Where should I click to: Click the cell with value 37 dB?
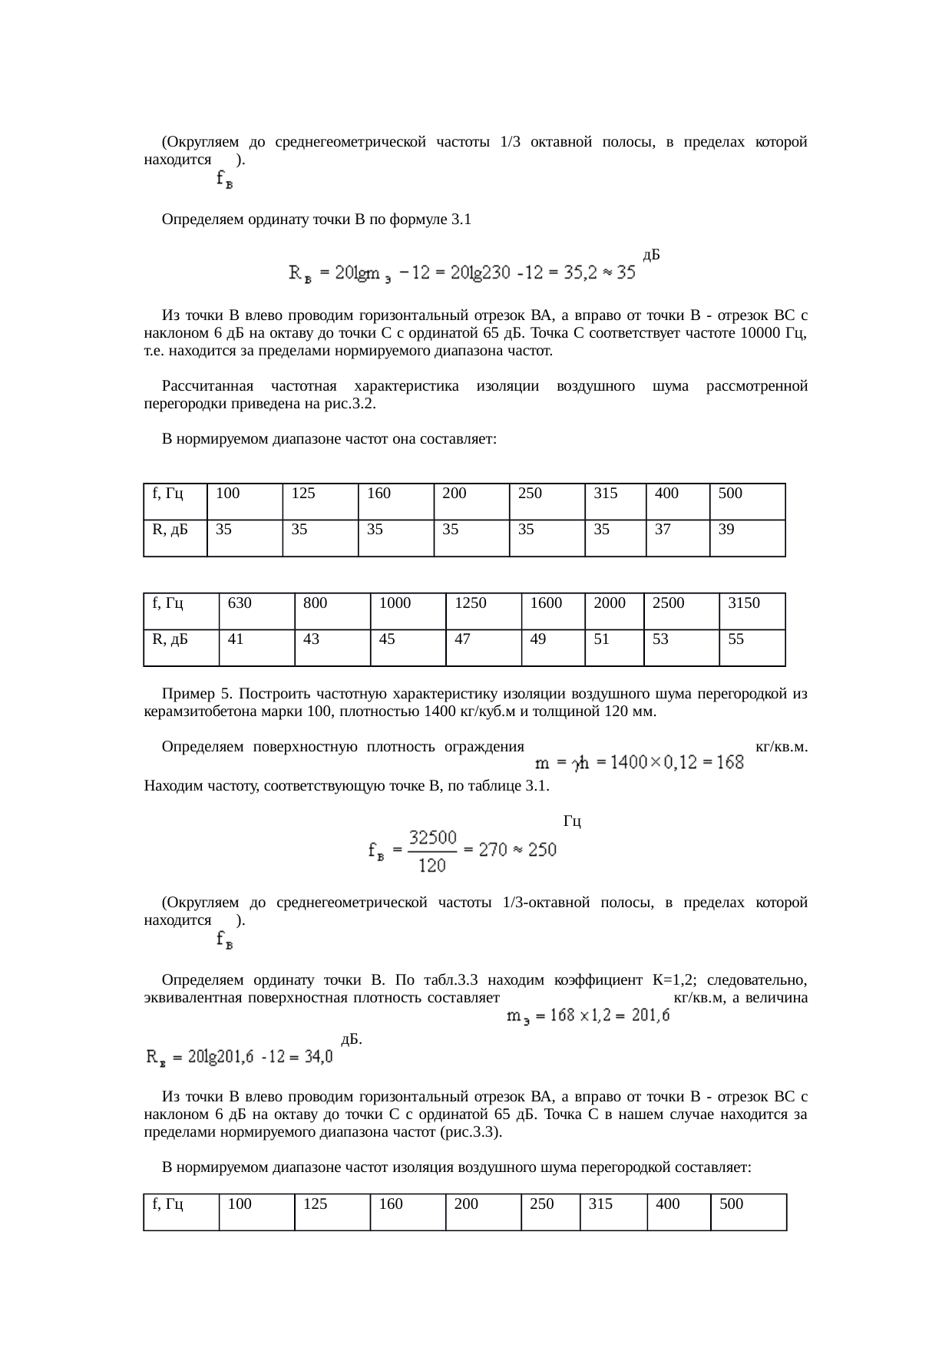click(677, 537)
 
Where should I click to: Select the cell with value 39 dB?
click(747, 537)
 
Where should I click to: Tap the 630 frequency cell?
click(256, 611)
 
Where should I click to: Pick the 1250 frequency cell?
click(483, 611)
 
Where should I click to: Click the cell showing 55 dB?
click(752, 647)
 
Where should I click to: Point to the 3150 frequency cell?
click(752, 611)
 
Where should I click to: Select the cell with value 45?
click(408, 647)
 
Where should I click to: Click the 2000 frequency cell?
click(613, 611)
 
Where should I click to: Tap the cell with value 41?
click(256, 647)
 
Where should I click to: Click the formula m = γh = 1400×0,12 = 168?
click(639, 762)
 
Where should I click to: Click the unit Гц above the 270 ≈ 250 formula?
click(571, 821)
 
